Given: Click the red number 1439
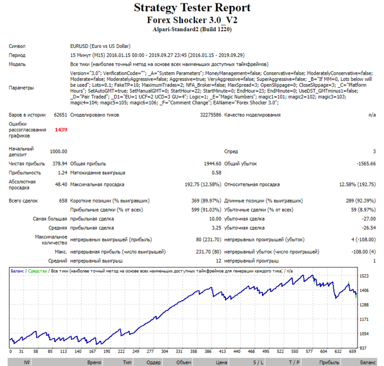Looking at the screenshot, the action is (x=61, y=130).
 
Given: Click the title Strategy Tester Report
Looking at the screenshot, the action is (x=192, y=8).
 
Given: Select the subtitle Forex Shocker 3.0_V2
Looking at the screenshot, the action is (x=192, y=20).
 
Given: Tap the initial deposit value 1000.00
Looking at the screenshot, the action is (x=59, y=152).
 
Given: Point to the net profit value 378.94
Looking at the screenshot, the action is (x=60, y=163).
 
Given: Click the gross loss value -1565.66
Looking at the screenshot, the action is (x=366, y=163).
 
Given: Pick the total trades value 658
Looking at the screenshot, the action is (x=63, y=201).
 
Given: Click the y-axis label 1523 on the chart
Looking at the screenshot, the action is (x=364, y=276).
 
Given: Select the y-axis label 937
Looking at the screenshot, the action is (x=363, y=348).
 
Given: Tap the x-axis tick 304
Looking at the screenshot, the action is (x=164, y=351).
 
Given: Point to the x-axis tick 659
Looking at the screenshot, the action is (x=352, y=351).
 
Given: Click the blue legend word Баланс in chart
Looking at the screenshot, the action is (x=17, y=271).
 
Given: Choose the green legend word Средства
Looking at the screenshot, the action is (x=37, y=271).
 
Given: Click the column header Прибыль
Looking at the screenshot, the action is (x=329, y=362).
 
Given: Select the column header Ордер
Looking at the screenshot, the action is (x=154, y=362).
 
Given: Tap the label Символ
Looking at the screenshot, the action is (x=17, y=46).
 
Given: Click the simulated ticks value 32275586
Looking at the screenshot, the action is (x=211, y=115).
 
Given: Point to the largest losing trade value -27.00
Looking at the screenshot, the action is (x=369, y=219).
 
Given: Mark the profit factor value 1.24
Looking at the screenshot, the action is (x=62, y=173).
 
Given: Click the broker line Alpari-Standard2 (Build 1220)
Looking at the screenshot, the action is (x=192, y=29).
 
